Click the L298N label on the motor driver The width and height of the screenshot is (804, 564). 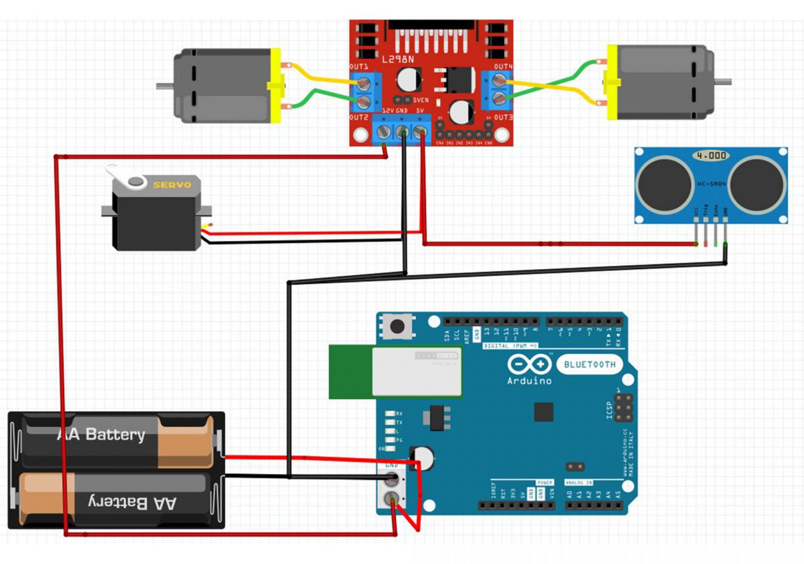(x=398, y=60)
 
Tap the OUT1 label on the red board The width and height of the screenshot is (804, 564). (x=359, y=67)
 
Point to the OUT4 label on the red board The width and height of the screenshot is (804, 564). (x=503, y=67)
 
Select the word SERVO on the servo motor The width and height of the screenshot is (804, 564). (x=172, y=185)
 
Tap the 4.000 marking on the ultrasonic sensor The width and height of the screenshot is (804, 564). (x=711, y=155)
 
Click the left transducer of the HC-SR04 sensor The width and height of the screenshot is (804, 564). (x=665, y=184)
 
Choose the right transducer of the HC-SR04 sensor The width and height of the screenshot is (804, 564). (x=757, y=184)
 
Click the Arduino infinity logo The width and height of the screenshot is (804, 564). (x=529, y=364)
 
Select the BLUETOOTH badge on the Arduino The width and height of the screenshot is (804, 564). (x=590, y=365)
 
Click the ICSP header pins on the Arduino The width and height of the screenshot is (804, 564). (x=623, y=408)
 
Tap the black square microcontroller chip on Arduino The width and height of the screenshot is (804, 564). (x=543, y=412)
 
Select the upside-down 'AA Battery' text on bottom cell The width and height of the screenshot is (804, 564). (x=132, y=503)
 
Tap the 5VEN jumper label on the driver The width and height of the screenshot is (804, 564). (x=420, y=100)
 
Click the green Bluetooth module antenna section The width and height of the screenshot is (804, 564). (x=350, y=371)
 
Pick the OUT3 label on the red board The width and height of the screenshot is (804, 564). (x=503, y=117)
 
